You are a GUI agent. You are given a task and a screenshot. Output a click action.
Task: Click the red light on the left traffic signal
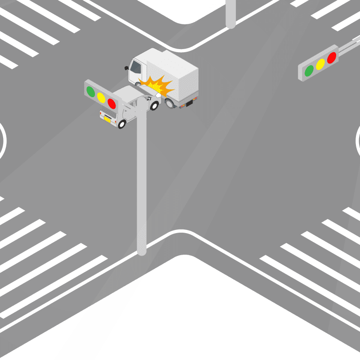pyautogui.click(x=112, y=104)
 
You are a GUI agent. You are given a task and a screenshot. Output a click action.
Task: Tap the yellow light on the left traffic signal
pyautogui.click(x=101, y=98)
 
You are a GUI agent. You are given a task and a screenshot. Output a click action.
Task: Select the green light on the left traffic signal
pyautogui.click(x=91, y=92)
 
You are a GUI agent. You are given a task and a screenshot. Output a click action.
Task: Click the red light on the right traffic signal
pyautogui.click(x=332, y=58)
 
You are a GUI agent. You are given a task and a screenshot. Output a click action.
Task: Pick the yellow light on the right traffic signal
pyautogui.click(x=320, y=64)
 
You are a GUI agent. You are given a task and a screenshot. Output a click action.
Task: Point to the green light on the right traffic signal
pyautogui.click(x=309, y=70)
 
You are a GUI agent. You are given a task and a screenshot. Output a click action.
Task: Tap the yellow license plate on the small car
pyautogui.click(x=108, y=119)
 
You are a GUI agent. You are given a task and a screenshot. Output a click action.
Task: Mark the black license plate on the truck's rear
pyautogui.click(x=189, y=103)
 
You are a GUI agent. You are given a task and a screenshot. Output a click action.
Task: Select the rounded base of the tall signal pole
pyautogui.click(x=142, y=251)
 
